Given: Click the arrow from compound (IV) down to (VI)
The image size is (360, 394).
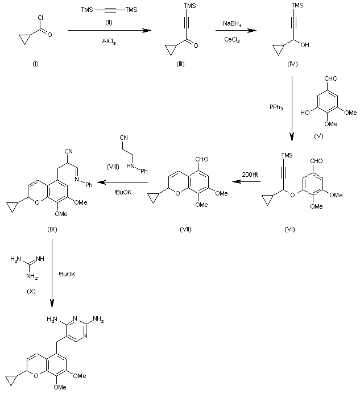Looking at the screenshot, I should point(292,111).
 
